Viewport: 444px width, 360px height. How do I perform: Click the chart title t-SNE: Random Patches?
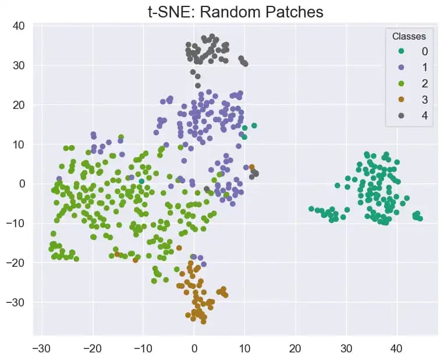tap(235, 11)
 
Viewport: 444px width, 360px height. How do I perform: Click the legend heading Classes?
tap(413, 36)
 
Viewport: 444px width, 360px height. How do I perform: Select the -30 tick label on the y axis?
tap(16, 302)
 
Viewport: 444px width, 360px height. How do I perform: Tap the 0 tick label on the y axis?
tap(22, 183)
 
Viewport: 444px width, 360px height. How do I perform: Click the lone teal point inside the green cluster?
tap(141, 181)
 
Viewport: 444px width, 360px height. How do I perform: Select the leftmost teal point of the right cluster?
tap(311, 209)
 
